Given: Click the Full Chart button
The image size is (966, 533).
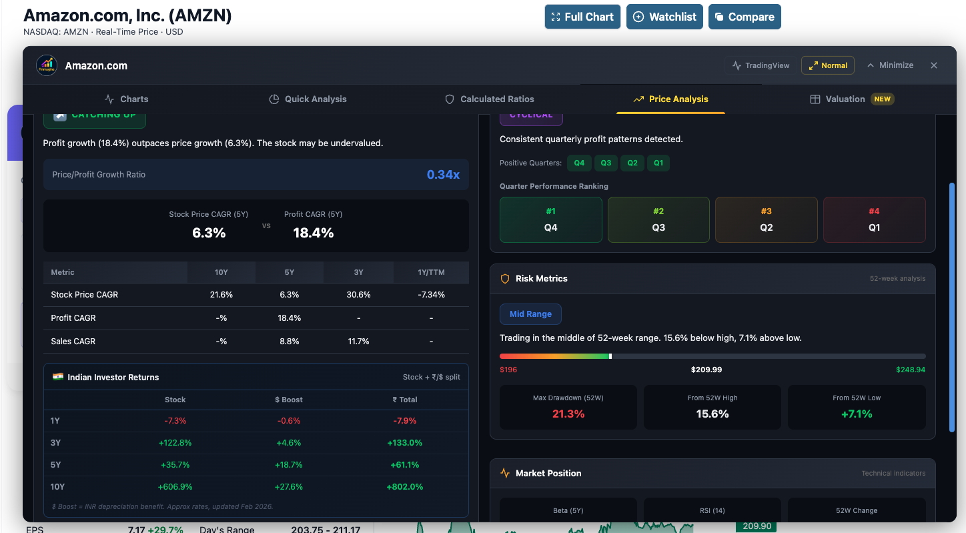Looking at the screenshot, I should (x=582, y=17).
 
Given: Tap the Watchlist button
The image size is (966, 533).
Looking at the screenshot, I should (x=664, y=17).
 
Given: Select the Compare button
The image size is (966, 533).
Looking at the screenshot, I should (x=745, y=17).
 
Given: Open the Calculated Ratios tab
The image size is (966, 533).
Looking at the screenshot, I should (x=490, y=99).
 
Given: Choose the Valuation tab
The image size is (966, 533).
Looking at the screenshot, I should (x=851, y=99).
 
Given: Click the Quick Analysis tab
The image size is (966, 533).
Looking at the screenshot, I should (x=308, y=99).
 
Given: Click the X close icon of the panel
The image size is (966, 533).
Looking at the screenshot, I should (x=934, y=65).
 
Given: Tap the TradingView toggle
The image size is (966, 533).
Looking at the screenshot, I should (x=761, y=65).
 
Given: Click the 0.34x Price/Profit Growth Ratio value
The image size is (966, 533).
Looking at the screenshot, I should (x=443, y=175).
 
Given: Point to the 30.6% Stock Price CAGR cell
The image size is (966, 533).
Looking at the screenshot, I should (x=359, y=294).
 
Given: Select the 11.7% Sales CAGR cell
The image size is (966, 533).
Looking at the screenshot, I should (x=359, y=341).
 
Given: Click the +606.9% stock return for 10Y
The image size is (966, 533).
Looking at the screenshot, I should (x=175, y=486).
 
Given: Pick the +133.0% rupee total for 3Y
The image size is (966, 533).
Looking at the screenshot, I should (x=405, y=442).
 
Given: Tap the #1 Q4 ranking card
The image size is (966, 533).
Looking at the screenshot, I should (x=551, y=219).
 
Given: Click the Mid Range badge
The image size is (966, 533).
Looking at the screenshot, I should (x=530, y=314).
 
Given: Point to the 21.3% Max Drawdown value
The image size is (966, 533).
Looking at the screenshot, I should (x=568, y=414).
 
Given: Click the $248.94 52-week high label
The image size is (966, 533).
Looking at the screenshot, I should (x=911, y=370).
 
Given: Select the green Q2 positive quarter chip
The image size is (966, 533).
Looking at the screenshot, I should (x=632, y=163).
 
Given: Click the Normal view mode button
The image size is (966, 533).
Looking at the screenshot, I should (x=827, y=65).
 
